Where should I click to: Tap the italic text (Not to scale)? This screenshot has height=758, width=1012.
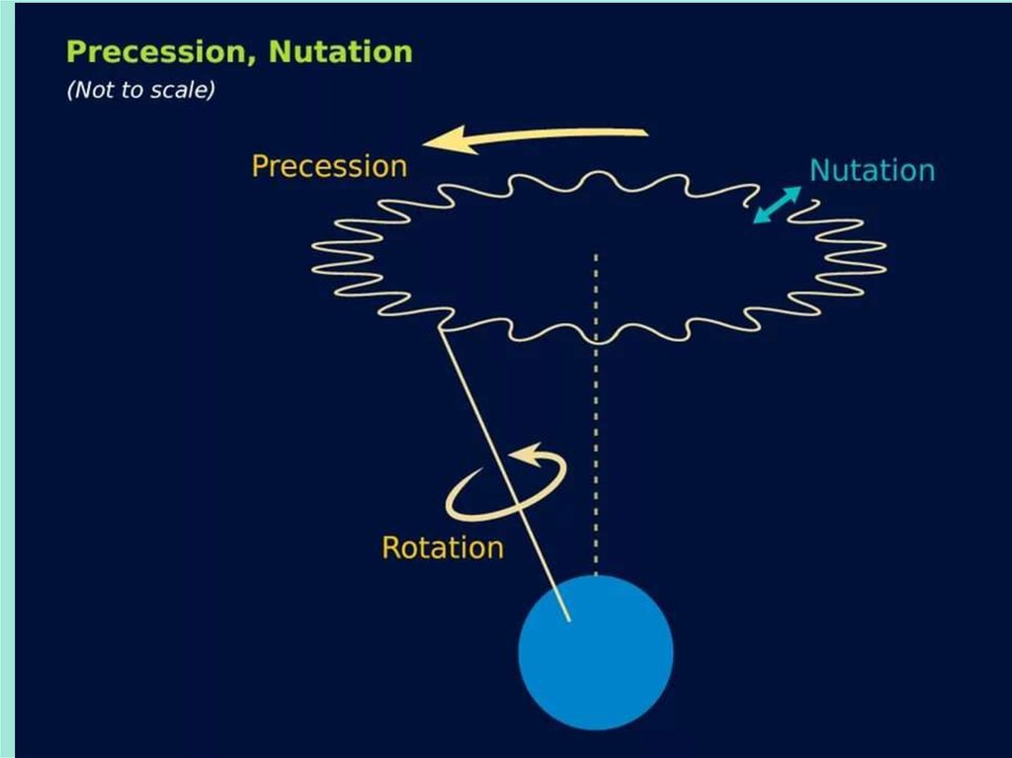(140, 90)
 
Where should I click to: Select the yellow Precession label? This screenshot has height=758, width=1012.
(329, 166)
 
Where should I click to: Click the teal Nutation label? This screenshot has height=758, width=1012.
(872, 171)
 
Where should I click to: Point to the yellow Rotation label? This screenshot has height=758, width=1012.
(442, 547)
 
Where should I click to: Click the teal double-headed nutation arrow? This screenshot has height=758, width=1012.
(776, 205)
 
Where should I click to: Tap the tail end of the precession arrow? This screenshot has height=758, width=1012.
(644, 132)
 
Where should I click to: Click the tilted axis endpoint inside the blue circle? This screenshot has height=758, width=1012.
(570, 621)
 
